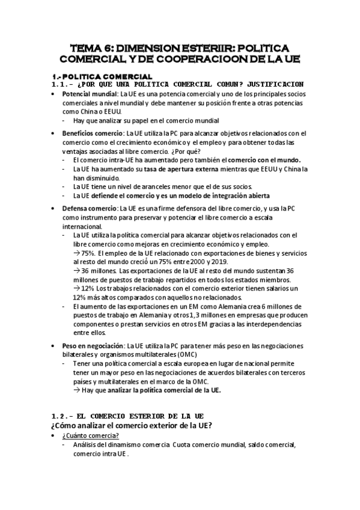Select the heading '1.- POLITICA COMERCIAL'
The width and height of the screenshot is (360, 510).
point(102,76)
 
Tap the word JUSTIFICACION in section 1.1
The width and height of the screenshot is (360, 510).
point(267,84)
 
